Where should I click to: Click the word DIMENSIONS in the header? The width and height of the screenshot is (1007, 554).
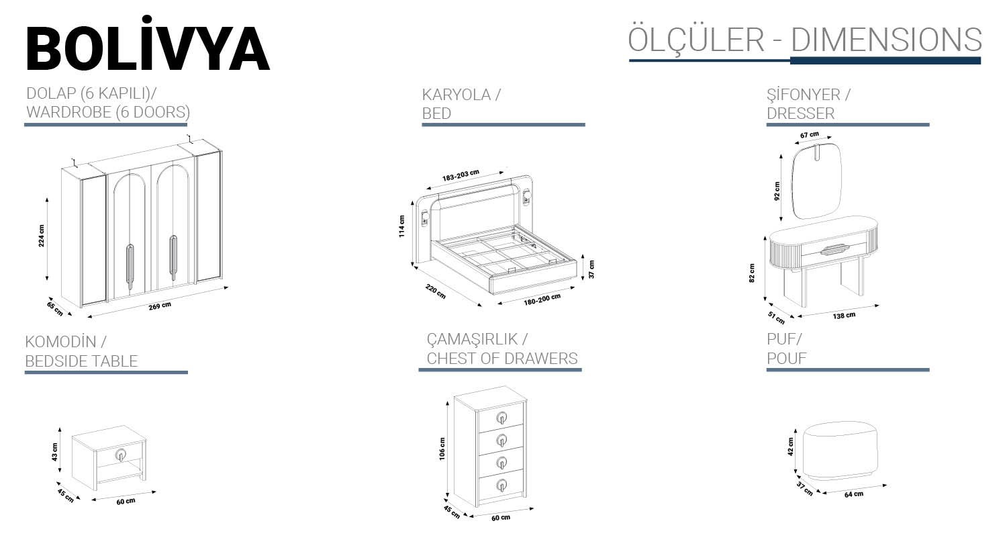click(x=887, y=40)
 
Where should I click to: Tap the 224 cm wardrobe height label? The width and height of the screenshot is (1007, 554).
click(x=42, y=236)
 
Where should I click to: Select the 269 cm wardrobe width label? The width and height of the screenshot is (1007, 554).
click(x=160, y=306)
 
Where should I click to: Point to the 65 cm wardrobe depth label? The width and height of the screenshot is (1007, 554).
click(x=55, y=309)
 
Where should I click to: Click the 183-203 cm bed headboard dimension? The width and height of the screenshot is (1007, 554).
click(x=461, y=175)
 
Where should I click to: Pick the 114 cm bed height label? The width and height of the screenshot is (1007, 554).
click(x=402, y=226)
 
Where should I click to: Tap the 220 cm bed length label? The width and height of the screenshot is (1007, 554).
click(x=436, y=292)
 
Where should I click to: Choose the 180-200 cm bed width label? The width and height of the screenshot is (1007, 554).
click(x=542, y=299)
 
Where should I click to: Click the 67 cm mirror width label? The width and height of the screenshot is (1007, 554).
click(x=810, y=134)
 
